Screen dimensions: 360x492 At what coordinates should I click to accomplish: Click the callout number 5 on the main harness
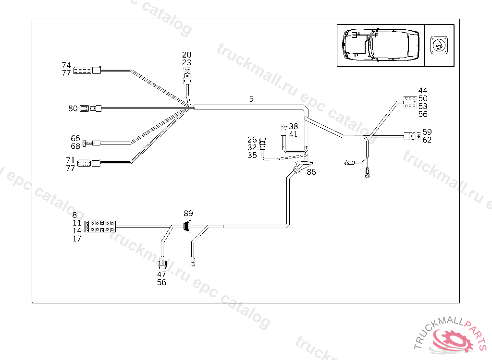coord(251,99)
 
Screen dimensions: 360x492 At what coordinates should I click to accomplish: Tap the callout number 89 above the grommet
coord(188,213)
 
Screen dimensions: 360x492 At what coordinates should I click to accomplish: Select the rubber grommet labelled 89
coord(186,226)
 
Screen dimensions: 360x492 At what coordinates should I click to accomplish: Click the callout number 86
coord(311,172)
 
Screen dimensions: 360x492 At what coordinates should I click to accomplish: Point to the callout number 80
coord(73,108)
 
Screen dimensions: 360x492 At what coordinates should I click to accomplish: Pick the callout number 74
coord(66,65)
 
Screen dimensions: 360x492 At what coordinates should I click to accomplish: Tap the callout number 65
coord(75,138)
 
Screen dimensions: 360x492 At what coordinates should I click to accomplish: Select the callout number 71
coord(70,160)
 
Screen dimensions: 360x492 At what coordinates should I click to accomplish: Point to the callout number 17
coord(77,239)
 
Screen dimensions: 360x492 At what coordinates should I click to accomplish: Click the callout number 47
coord(161,275)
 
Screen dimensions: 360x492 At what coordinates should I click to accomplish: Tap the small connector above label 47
coord(163,262)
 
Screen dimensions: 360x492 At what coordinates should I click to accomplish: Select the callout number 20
coord(186,55)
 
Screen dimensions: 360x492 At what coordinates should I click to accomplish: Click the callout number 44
coord(423,90)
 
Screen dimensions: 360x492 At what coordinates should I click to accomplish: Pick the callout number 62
coord(427,140)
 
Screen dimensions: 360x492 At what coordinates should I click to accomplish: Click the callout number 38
coord(293,126)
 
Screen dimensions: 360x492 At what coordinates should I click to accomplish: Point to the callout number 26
coord(252,140)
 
